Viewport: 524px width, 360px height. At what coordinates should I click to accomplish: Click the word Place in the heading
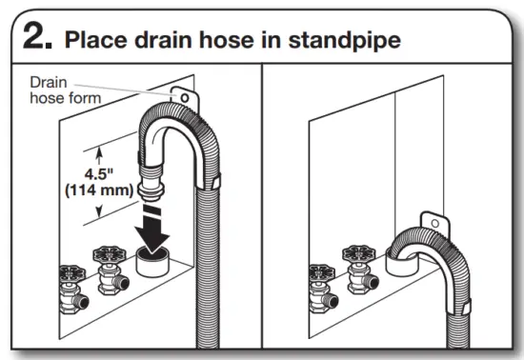pyautogui.click(x=94, y=40)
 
